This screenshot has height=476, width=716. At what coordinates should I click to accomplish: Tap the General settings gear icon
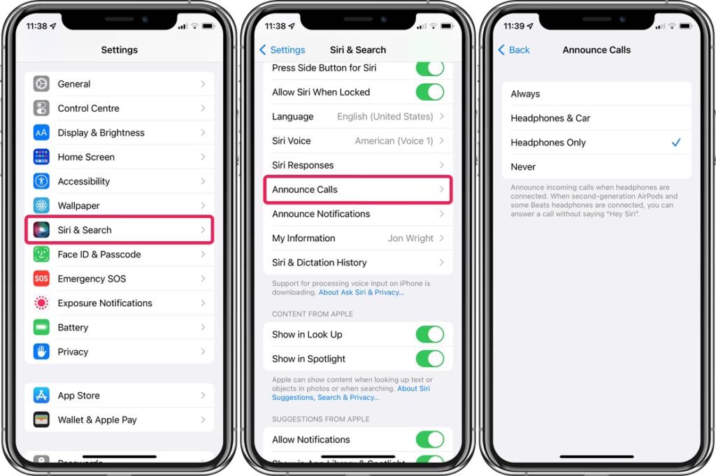click(x=41, y=84)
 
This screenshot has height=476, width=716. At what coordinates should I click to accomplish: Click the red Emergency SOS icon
click(x=41, y=278)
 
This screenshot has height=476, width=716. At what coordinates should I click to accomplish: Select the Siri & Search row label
click(x=85, y=230)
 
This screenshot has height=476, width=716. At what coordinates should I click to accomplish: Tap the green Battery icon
click(x=41, y=327)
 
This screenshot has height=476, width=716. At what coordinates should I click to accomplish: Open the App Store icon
click(x=41, y=395)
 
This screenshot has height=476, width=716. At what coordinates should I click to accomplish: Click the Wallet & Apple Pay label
click(x=97, y=420)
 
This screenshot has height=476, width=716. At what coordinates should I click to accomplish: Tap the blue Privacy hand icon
click(x=41, y=352)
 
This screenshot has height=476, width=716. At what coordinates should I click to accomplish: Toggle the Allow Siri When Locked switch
click(x=430, y=92)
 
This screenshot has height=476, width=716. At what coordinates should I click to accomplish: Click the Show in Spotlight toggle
click(x=430, y=359)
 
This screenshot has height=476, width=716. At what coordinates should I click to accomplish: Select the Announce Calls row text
click(x=305, y=189)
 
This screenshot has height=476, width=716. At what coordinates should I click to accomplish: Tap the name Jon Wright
click(x=410, y=238)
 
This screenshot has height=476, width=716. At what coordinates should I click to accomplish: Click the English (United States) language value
click(x=385, y=116)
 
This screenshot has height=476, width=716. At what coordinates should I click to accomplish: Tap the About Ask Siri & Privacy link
click(x=361, y=293)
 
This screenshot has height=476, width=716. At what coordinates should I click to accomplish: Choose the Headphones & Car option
click(x=550, y=118)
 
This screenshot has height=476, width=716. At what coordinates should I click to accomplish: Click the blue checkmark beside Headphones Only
click(x=676, y=143)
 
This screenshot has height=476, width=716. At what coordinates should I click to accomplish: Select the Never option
click(x=523, y=167)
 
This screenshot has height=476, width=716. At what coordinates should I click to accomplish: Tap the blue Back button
click(x=514, y=50)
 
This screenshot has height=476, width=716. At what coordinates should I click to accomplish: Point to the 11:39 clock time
click(x=514, y=26)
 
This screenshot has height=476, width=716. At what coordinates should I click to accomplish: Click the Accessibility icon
click(x=41, y=181)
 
